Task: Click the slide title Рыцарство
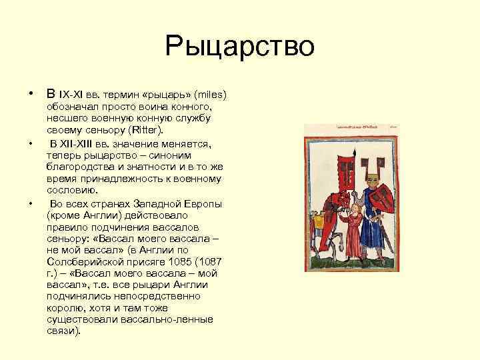(240, 47)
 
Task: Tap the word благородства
(78, 167)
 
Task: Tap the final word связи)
(64, 331)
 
